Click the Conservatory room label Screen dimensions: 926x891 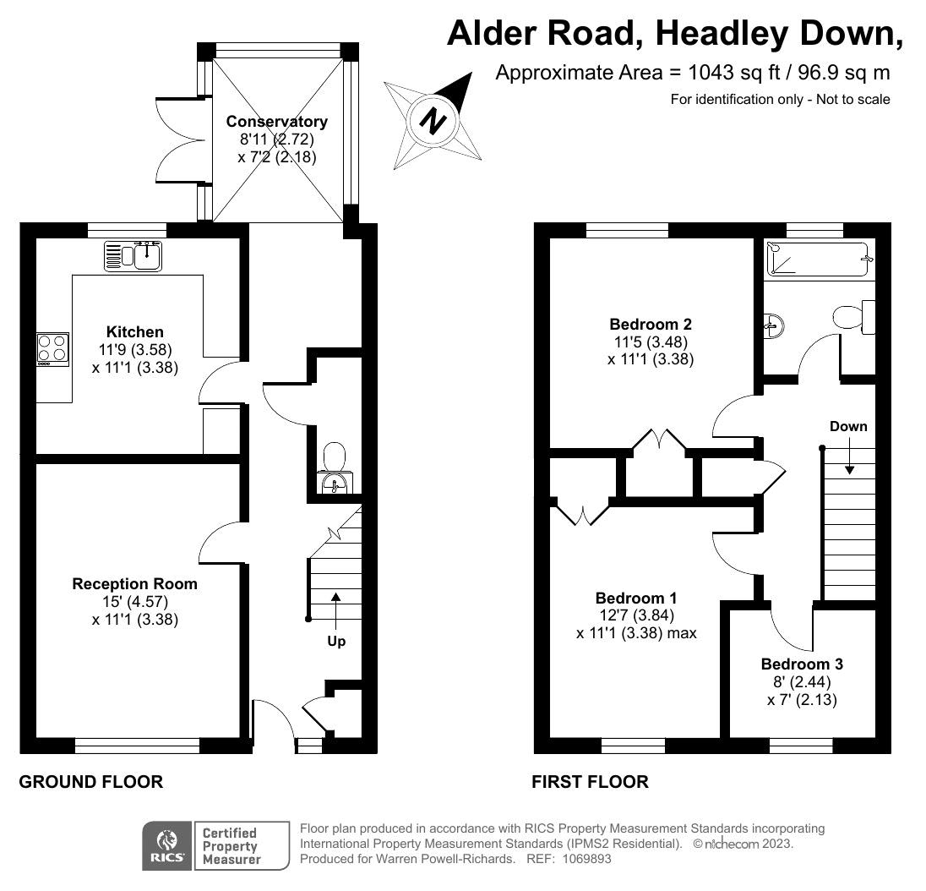(276, 121)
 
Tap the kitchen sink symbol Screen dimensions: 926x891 (133, 256)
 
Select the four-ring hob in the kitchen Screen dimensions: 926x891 (52, 348)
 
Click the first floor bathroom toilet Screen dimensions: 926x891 (854, 317)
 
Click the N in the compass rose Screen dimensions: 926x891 (433, 121)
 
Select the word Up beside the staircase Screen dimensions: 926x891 (336, 641)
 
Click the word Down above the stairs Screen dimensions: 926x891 (848, 426)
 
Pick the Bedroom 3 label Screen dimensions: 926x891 (802, 664)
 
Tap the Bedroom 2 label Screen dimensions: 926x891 (651, 324)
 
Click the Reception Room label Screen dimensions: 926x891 (134, 584)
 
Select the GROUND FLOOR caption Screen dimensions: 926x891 (91, 782)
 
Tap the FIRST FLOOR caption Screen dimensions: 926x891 (590, 782)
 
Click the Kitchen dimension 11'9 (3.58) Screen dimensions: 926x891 (135, 350)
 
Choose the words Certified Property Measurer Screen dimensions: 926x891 (231, 846)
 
